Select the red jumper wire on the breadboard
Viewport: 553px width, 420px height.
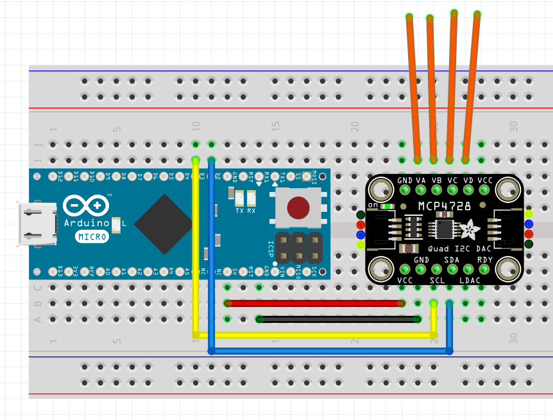314,303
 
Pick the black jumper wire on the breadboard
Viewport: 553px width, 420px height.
338,319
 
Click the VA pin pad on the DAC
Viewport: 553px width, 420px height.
421,189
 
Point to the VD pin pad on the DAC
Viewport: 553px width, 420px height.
468,189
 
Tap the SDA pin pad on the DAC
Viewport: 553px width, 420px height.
452,269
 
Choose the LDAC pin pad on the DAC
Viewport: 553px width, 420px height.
468,269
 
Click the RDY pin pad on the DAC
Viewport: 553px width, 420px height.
484,269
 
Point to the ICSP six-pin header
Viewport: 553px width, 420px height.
299,247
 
